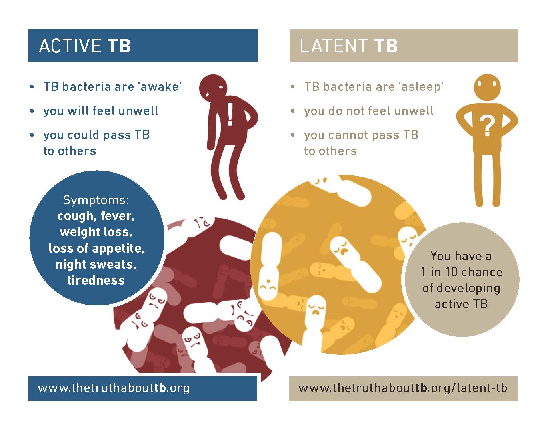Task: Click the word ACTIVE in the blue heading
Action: [x=70, y=46]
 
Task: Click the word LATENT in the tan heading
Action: [x=334, y=46]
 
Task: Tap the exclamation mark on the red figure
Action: [x=230, y=115]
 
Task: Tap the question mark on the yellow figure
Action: [x=487, y=127]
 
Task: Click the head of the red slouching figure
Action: [x=213, y=88]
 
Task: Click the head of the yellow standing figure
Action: [x=487, y=88]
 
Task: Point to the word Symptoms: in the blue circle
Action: [x=96, y=201]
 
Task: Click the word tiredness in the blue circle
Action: [x=96, y=280]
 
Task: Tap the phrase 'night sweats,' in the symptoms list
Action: [x=96, y=265]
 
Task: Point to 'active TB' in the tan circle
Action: [x=461, y=304]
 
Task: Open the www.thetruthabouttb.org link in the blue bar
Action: [x=114, y=388]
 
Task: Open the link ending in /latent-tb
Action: [x=403, y=388]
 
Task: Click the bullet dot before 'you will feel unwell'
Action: [x=32, y=111]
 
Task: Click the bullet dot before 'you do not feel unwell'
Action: [x=292, y=111]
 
